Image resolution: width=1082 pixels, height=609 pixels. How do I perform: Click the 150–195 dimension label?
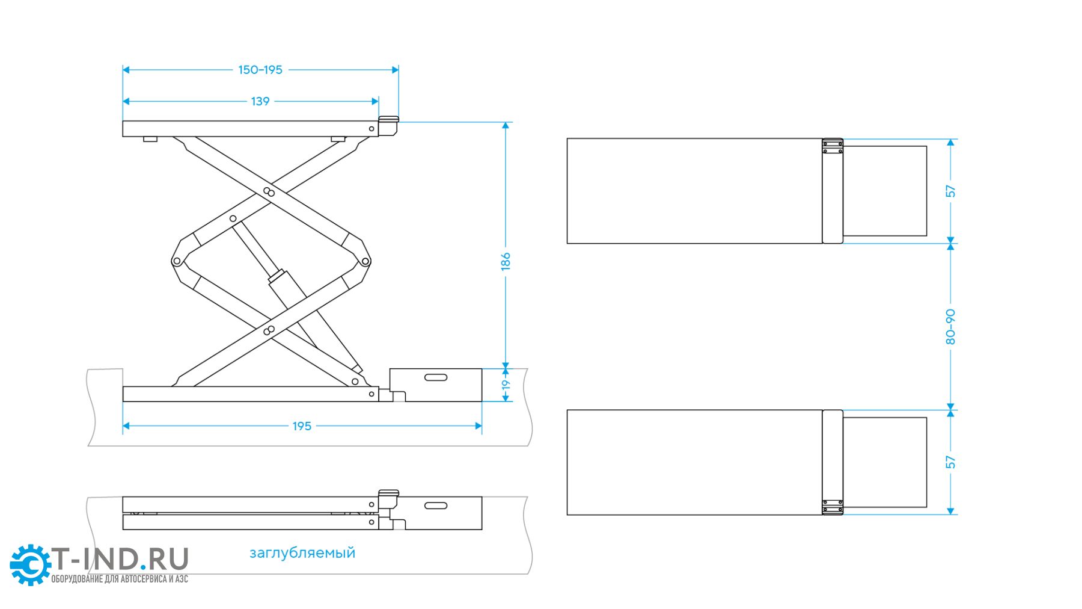(260, 70)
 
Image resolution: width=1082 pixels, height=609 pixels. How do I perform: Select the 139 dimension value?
(260, 101)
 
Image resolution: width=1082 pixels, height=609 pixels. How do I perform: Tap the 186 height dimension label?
(506, 261)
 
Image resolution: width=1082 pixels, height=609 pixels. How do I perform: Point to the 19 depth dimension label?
(506, 385)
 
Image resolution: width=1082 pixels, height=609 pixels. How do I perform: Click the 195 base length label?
(302, 426)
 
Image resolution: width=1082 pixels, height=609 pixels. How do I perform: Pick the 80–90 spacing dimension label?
(950, 327)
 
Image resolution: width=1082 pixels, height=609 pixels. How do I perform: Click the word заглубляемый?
(302, 552)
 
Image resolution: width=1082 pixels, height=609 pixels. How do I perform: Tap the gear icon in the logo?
(30, 564)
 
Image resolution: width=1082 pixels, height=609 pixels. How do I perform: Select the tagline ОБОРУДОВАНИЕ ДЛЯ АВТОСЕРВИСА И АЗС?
(120, 579)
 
